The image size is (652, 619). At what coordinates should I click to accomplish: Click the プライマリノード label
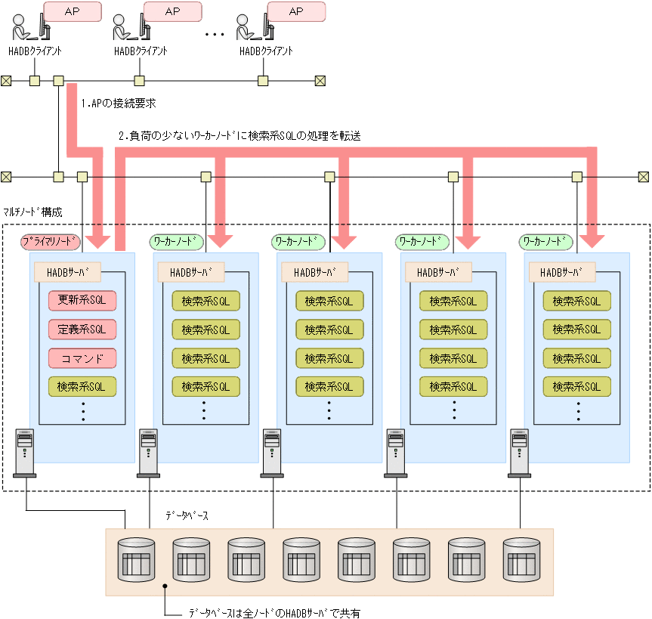point(51,242)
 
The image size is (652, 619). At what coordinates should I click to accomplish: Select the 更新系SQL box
point(82,301)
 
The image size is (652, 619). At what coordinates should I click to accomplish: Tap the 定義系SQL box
point(82,330)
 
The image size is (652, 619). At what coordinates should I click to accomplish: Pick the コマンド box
point(82,357)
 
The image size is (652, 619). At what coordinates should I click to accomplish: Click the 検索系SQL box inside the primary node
point(82,386)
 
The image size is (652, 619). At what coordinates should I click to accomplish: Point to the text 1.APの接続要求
point(118,103)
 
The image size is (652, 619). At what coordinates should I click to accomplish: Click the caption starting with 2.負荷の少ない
point(239,136)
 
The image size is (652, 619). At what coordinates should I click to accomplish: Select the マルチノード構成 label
point(32,212)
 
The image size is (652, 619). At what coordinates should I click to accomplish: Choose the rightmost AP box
point(296,11)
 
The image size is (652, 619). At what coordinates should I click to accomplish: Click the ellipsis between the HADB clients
point(215,35)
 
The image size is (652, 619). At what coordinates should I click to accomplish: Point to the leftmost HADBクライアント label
point(35,51)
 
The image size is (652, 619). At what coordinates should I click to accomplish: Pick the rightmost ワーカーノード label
point(546,242)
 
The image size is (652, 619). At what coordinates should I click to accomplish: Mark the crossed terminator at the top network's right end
point(320,80)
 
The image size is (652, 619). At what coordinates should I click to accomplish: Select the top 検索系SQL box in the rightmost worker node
point(577,301)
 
